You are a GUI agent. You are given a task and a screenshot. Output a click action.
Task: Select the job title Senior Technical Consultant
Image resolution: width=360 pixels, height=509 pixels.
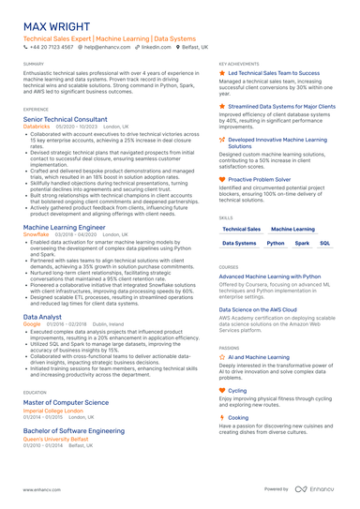click(x=65, y=120)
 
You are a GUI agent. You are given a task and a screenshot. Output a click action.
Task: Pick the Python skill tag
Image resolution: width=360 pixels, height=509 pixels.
click(x=276, y=242)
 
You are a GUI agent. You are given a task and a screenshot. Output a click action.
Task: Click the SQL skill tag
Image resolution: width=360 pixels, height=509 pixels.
click(x=325, y=242)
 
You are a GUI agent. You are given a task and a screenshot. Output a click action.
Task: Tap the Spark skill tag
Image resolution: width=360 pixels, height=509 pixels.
click(x=303, y=242)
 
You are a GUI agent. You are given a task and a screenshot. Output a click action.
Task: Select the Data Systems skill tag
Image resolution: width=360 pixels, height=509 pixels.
click(x=240, y=242)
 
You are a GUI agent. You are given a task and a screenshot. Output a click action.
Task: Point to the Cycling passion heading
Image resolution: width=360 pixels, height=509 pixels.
click(x=238, y=390)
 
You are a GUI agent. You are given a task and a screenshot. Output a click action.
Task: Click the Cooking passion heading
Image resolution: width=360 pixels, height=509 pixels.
click(x=239, y=417)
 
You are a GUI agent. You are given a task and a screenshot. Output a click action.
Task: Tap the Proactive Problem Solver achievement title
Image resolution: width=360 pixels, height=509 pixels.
click(x=260, y=178)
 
